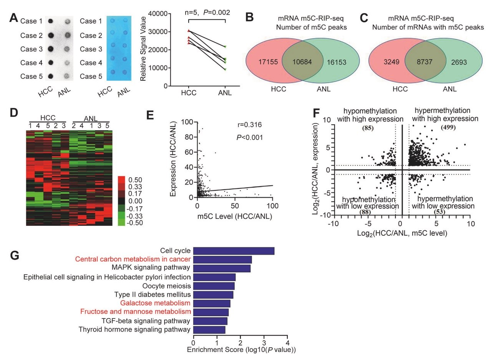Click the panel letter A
click(x=13, y=18)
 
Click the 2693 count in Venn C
click(x=458, y=61)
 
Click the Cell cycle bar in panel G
click(x=234, y=251)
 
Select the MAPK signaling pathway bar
click(x=222, y=268)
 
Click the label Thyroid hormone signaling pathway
click(x=134, y=330)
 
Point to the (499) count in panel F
click(x=448, y=127)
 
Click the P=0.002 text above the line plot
click(x=216, y=13)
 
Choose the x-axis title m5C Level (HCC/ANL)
click(x=234, y=217)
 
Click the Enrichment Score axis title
click(x=241, y=350)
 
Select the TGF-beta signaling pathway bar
click(x=210, y=321)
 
